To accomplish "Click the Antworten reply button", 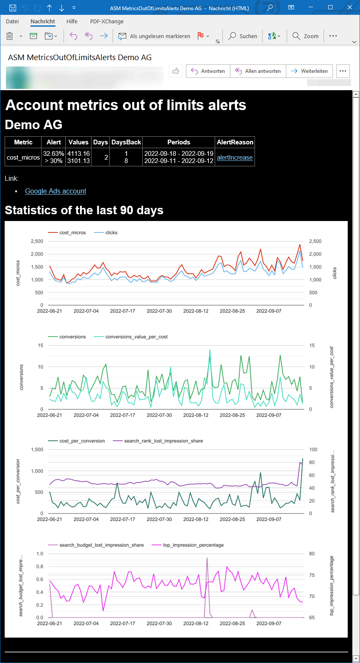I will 208,71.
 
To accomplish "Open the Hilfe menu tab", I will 72,21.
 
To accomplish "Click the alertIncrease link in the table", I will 235,157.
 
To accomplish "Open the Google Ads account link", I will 55,191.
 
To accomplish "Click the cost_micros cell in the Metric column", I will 23,157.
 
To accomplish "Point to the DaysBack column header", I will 126,142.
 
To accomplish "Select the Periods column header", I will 179,142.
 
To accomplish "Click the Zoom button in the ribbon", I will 306,36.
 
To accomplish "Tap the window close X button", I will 350,8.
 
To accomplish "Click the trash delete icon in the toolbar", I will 10,36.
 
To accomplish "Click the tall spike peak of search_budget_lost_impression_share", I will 207,558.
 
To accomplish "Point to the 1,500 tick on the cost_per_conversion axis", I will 37,450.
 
